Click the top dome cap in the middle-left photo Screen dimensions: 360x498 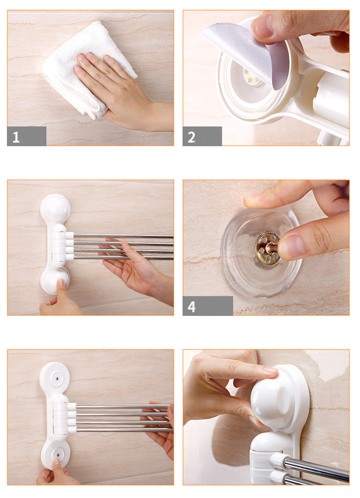[x=55, y=208]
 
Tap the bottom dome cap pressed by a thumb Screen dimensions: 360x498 [x=55, y=280]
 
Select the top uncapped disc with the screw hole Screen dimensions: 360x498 [x=55, y=377]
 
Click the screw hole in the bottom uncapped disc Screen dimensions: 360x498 [x=57, y=455]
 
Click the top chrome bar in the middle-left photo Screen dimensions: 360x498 [x=123, y=236]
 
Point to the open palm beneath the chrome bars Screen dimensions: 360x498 [x=133, y=270]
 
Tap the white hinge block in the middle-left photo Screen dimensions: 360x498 [x=58, y=245]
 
